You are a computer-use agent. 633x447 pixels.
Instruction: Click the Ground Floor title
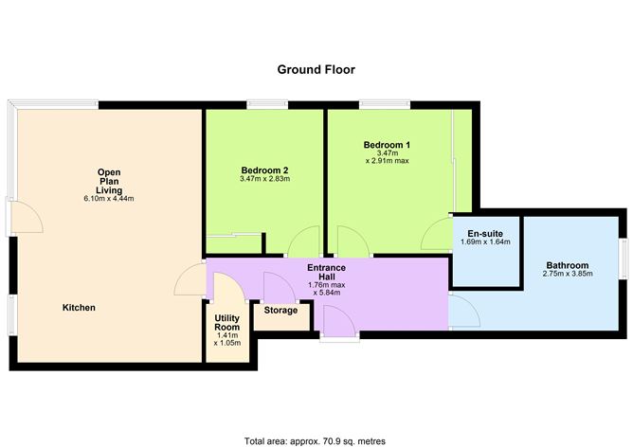click(316, 69)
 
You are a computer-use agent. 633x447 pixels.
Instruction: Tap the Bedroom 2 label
click(264, 168)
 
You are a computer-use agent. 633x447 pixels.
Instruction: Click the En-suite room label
click(484, 232)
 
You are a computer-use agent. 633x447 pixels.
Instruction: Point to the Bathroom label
click(567, 265)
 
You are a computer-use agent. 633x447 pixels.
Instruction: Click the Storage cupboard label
click(281, 310)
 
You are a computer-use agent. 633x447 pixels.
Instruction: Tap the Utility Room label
click(227, 321)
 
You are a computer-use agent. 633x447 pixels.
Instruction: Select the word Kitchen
click(79, 308)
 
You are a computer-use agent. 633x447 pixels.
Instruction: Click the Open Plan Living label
click(109, 181)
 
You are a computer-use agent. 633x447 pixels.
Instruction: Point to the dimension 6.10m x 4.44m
click(109, 199)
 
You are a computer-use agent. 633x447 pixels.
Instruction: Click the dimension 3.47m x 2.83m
click(264, 178)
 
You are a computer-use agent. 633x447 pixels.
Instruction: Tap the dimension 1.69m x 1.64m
click(484, 242)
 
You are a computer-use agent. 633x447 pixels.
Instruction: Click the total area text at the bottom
click(315, 440)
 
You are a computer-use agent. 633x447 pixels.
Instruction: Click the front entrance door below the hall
click(339, 325)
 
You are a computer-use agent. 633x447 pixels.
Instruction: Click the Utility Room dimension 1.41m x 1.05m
click(227, 342)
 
